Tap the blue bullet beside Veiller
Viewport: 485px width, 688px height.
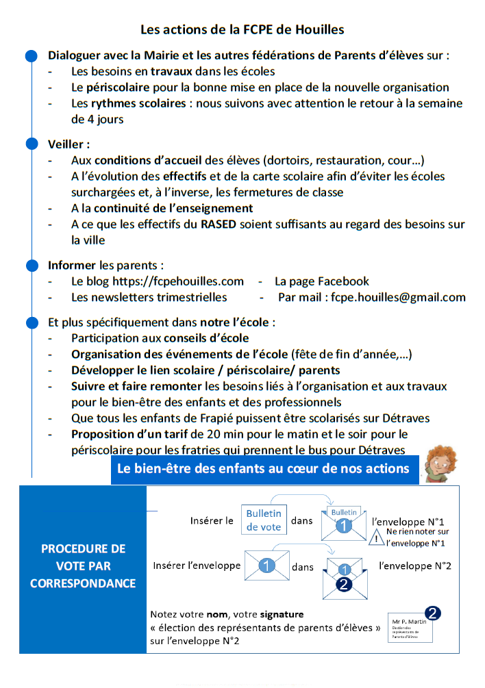[x=31, y=144]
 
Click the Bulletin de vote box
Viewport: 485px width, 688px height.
[x=264, y=520]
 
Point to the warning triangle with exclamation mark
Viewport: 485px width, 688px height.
[x=377, y=538]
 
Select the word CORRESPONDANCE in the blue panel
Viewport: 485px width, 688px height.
[x=83, y=584]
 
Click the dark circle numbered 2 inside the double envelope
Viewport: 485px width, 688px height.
[x=345, y=583]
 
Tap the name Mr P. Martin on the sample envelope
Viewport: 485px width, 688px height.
[x=409, y=622]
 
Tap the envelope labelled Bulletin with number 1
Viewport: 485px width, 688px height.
[x=344, y=522]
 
